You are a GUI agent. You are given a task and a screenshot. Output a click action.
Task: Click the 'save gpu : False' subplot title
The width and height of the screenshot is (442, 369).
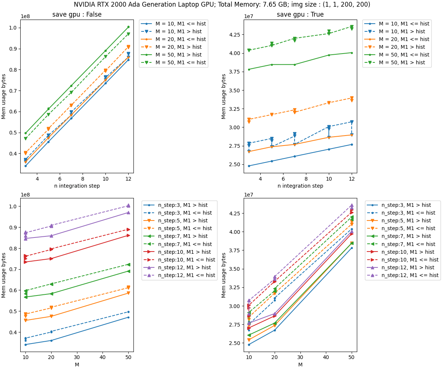77,15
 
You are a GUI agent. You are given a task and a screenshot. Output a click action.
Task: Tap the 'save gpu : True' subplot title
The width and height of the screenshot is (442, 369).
300,15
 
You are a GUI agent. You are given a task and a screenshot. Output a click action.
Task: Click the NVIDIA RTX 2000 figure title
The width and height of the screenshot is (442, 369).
222,4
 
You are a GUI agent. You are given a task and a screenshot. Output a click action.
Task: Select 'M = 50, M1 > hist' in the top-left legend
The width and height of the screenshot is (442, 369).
181,55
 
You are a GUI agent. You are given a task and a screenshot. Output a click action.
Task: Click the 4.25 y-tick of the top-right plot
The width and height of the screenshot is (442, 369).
234,35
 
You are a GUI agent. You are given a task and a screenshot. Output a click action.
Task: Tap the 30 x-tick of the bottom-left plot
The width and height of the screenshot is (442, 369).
77,358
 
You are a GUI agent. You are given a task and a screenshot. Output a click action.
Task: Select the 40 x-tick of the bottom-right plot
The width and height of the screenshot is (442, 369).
326,358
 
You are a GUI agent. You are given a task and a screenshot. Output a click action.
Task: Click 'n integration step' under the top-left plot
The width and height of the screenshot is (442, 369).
77,186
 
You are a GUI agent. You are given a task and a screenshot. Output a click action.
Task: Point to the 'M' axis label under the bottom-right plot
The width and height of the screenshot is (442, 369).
300,365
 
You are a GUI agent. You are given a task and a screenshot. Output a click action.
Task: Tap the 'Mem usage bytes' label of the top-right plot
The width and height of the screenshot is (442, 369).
224,96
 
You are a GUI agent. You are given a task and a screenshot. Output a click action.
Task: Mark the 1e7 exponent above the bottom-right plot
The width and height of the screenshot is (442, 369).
249,195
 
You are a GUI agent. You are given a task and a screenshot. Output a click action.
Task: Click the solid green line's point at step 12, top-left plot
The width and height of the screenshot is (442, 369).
128,27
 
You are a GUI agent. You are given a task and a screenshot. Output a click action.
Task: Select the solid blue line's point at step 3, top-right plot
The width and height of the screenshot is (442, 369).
249,166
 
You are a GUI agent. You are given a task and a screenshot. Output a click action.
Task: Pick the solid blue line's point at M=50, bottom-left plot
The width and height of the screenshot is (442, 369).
128,317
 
